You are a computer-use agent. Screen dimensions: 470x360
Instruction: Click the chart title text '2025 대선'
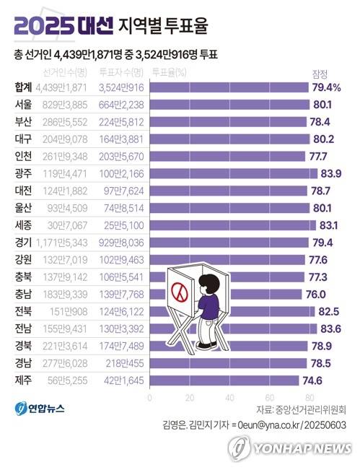[x=63, y=27]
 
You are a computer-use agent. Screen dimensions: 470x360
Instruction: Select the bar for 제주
[x=223, y=380]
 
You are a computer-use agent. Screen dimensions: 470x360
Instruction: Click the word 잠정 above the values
[x=320, y=74]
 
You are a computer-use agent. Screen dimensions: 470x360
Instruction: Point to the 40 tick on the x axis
[x=229, y=398]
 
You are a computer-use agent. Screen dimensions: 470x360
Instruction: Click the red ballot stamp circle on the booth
[x=177, y=292]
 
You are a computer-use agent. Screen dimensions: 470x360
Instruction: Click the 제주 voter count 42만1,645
[x=121, y=380]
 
